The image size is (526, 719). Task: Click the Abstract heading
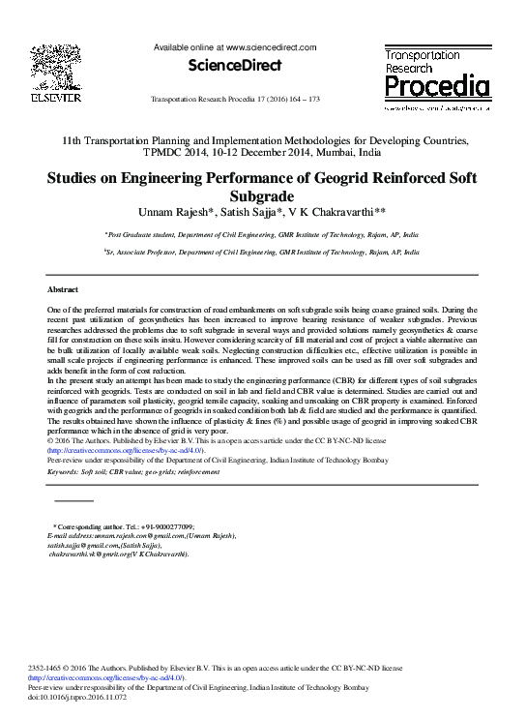tap(64, 289)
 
